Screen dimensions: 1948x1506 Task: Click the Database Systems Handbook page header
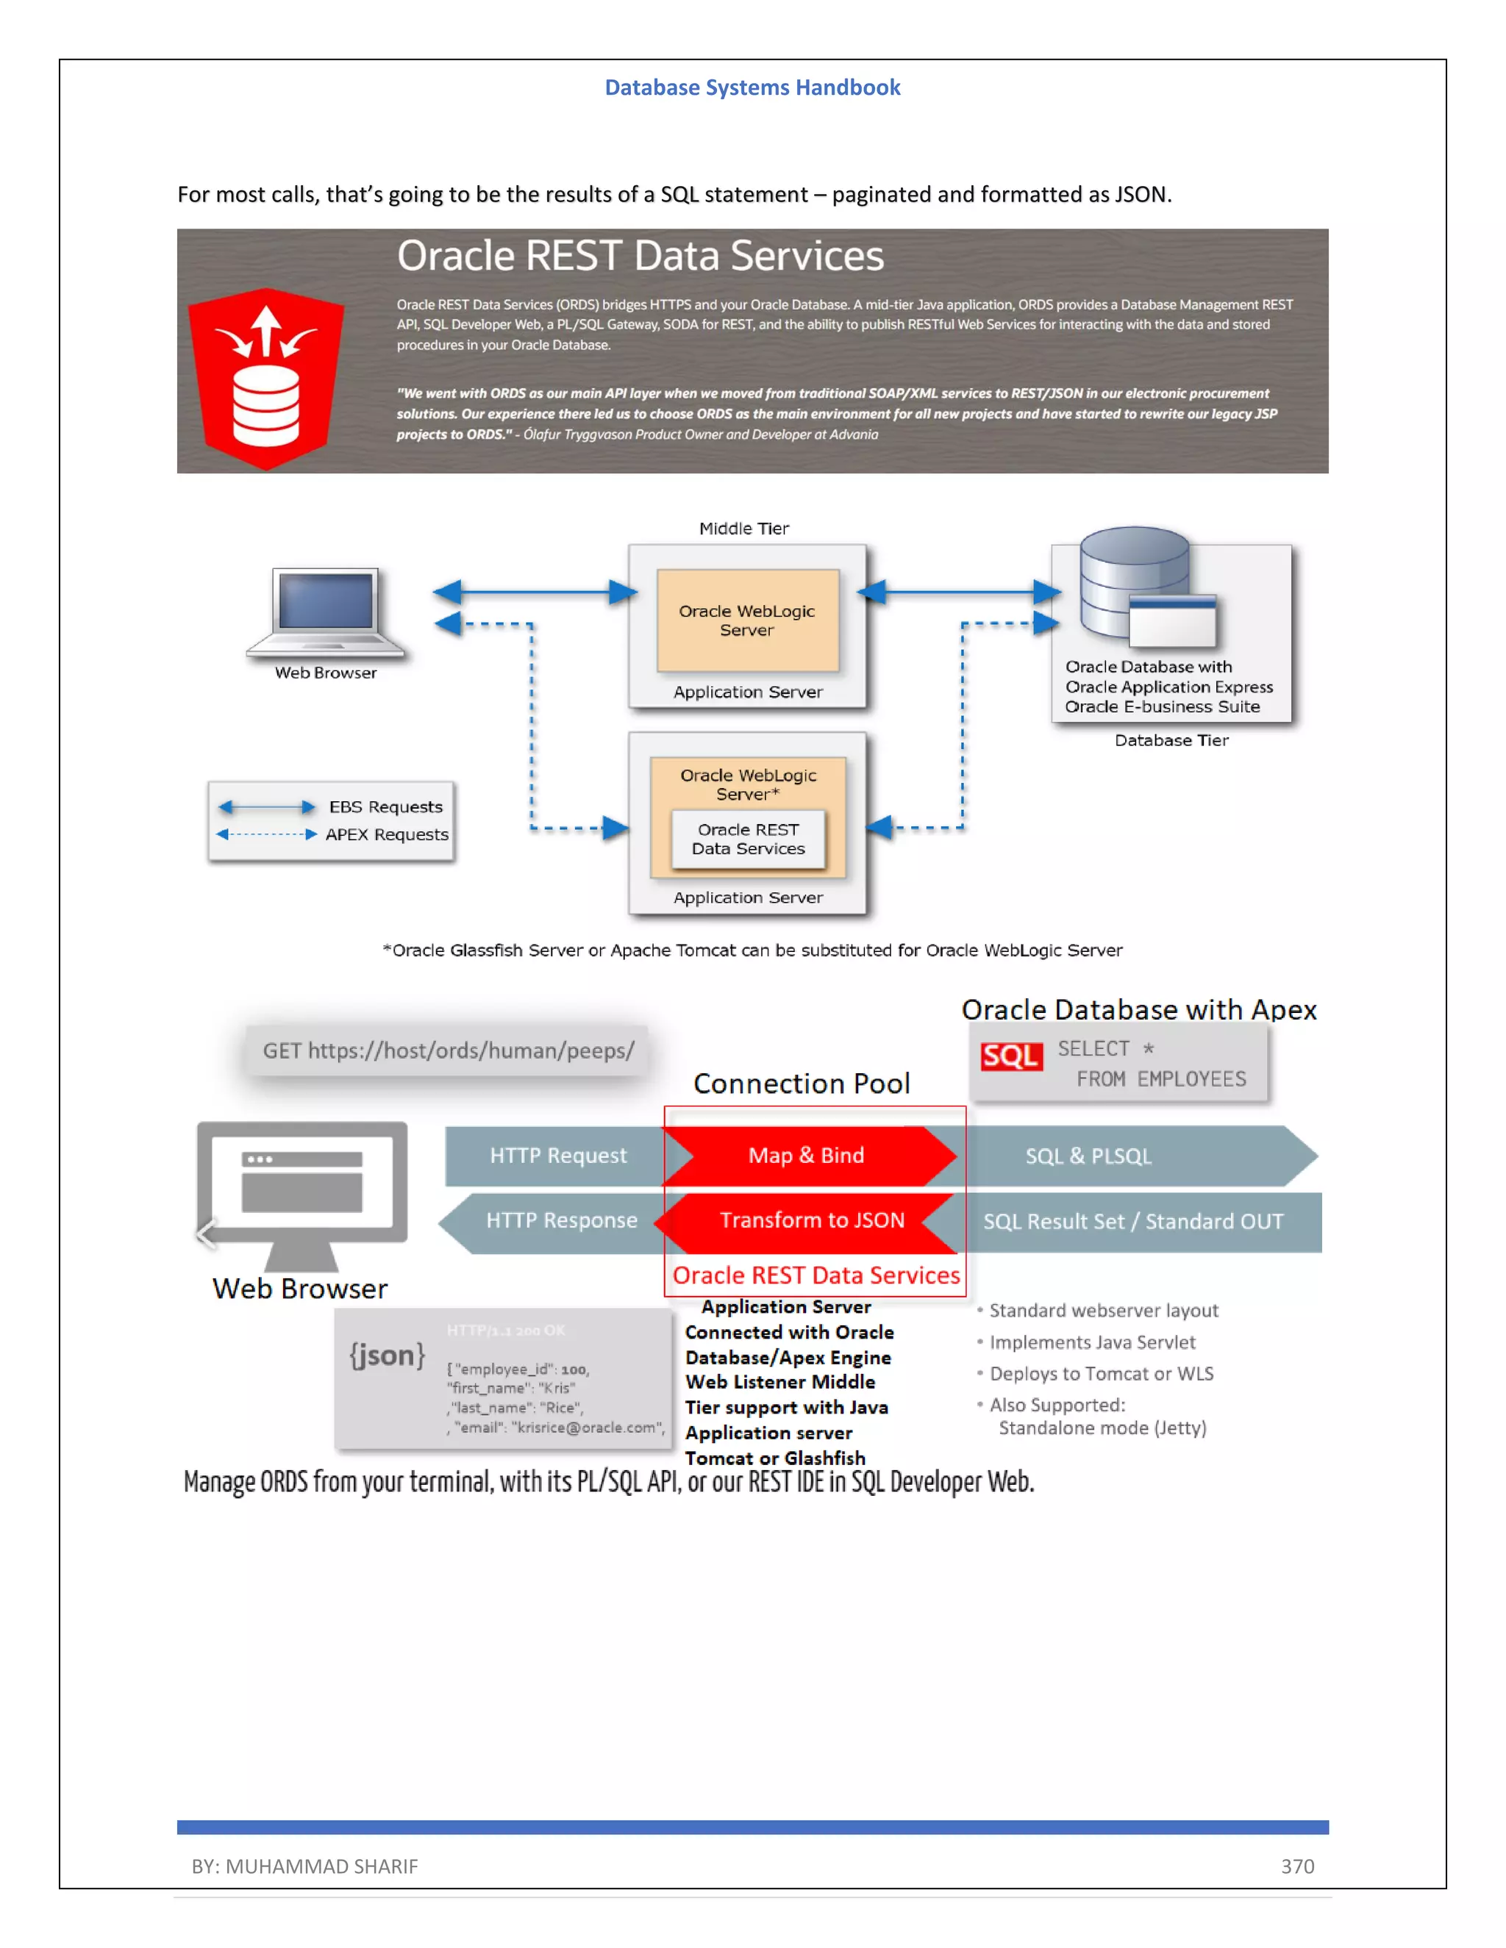point(752,87)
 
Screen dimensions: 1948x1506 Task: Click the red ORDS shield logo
point(266,379)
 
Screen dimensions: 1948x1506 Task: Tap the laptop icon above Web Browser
point(326,612)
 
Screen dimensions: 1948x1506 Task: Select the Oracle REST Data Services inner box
point(748,839)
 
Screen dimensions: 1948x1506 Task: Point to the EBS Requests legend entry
point(385,806)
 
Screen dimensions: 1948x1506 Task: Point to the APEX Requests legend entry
point(385,834)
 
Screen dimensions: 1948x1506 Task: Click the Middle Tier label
point(743,528)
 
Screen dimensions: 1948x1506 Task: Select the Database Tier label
point(1171,740)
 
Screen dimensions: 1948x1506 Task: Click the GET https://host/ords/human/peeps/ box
point(448,1050)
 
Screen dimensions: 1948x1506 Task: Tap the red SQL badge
point(1011,1056)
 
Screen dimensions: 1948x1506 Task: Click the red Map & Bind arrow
point(807,1156)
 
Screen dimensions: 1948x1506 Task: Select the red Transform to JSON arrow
point(811,1220)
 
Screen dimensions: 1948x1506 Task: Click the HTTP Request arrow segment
point(557,1156)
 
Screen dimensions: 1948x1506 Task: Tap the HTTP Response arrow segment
point(561,1220)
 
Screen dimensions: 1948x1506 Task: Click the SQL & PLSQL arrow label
point(1088,1156)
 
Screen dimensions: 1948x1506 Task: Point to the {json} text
point(386,1355)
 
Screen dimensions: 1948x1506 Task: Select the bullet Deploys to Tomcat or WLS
point(1100,1374)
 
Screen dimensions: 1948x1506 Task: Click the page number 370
point(1297,1866)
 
